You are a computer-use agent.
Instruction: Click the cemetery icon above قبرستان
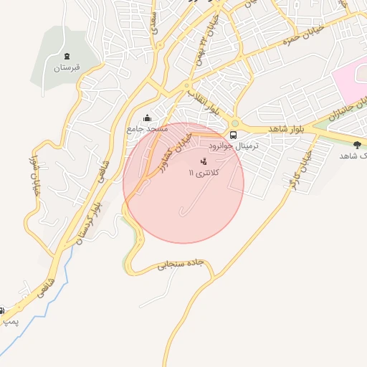coord(67,56)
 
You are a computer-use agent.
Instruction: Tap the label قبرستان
coord(66,68)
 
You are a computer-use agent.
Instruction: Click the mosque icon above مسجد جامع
coord(148,118)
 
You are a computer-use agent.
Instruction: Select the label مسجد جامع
coord(147,129)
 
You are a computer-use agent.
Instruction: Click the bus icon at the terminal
coord(233,134)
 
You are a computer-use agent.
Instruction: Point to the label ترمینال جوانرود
coord(246,144)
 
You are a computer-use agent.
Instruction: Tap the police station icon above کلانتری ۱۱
coord(204,161)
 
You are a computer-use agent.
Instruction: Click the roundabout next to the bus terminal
coord(234,123)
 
